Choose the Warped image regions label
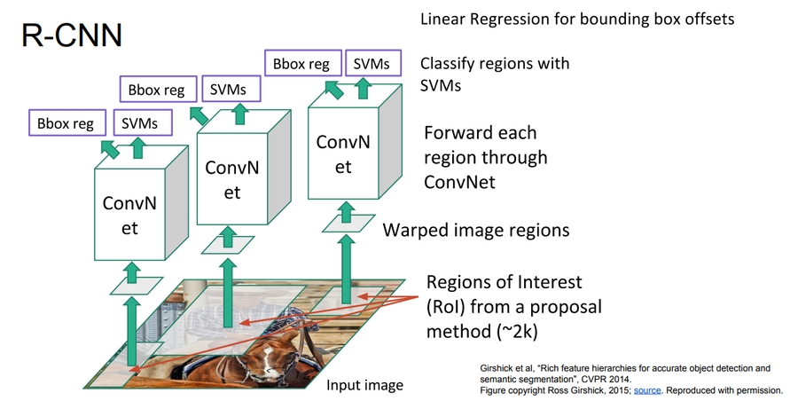(475, 231)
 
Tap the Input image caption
(364, 385)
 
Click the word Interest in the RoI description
(550, 283)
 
